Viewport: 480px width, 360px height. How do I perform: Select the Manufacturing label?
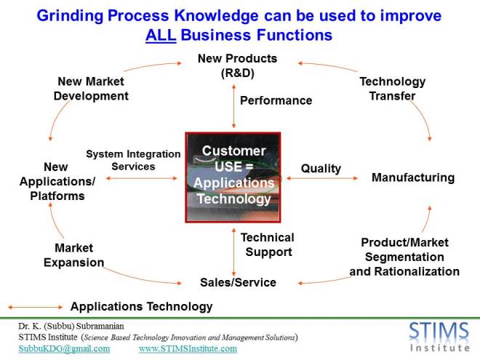(413, 177)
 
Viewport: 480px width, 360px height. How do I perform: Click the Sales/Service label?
(239, 282)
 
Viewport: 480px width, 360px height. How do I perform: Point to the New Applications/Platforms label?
(57, 181)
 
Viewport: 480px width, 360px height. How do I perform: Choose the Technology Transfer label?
(393, 89)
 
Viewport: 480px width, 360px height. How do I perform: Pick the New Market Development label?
(91, 89)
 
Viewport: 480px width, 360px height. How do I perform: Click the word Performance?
(276, 100)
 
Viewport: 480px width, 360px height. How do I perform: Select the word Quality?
(321, 169)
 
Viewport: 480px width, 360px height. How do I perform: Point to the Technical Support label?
(268, 244)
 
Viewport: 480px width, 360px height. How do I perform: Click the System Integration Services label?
(133, 160)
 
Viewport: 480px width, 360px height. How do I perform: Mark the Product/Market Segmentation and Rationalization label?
(404, 257)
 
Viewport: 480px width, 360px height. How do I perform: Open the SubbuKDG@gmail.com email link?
(64, 348)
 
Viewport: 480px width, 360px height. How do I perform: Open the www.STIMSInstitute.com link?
(188, 348)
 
